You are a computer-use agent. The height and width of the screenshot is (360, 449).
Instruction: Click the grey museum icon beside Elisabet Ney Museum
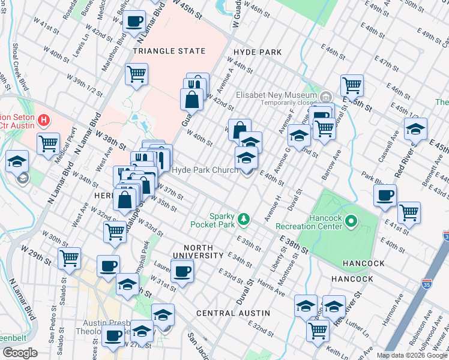325,95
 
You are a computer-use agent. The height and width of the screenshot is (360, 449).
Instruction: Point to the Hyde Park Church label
205,170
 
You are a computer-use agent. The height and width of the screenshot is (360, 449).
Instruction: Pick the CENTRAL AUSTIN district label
231,313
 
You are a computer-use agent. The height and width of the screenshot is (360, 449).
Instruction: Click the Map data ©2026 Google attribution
412,355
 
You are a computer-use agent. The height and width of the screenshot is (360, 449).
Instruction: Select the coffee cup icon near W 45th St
133,22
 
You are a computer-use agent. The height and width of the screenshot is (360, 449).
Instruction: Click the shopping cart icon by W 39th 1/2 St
137,74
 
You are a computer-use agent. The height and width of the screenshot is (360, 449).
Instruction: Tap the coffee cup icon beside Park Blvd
385,195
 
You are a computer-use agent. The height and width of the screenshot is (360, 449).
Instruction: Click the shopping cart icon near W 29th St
70,258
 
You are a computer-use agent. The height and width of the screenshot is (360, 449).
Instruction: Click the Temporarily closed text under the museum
268,103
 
